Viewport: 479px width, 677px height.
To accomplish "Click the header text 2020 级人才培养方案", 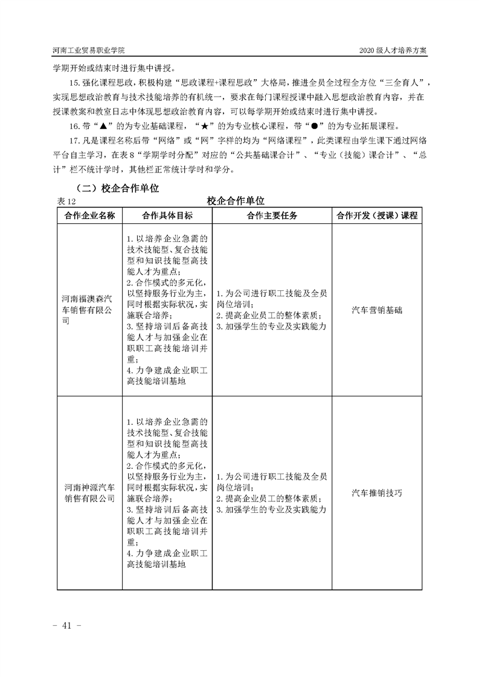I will [x=393, y=50].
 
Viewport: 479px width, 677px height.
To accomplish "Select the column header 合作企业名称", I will [x=89, y=215].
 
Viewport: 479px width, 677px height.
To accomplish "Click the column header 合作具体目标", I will [x=167, y=215].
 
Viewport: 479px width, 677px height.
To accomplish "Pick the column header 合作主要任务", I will [x=272, y=215].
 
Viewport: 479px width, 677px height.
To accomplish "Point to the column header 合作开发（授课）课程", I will [x=377, y=215].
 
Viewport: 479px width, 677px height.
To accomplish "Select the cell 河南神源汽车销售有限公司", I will [x=89, y=492].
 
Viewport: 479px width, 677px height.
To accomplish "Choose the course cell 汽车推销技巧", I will [x=377, y=492].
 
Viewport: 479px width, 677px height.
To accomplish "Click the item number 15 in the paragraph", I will [x=74, y=83].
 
